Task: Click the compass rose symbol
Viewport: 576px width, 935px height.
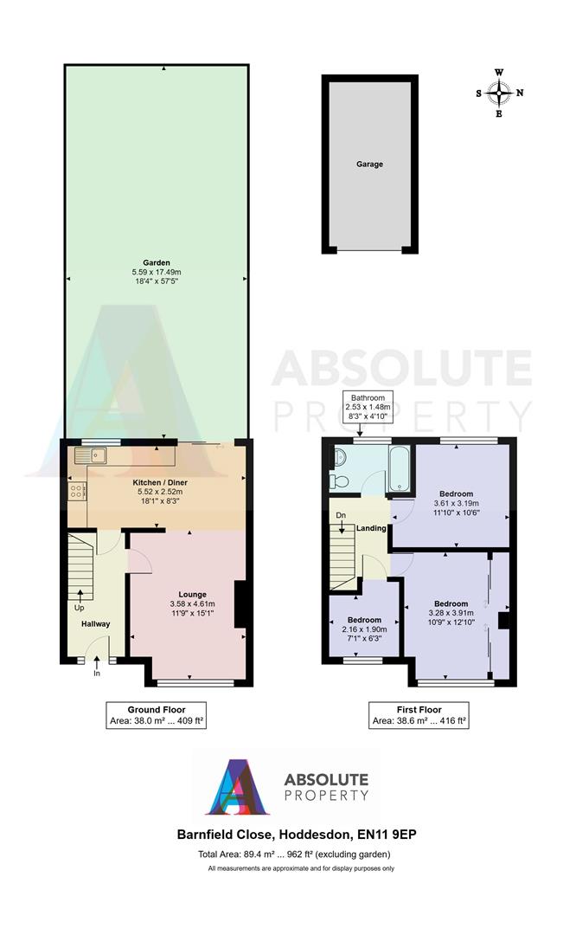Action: (x=499, y=92)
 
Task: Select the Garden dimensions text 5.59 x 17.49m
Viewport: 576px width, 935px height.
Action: (x=157, y=273)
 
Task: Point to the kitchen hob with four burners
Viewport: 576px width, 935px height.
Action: (x=75, y=490)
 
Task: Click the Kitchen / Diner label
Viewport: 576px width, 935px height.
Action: (x=157, y=481)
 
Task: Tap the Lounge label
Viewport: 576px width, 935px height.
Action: (x=192, y=594)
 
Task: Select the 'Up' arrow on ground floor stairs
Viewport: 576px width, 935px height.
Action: (x=80, y=596)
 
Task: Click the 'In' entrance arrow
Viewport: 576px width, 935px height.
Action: (x=97, y=671)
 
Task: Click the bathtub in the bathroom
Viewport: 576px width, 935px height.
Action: (x=401, y=471)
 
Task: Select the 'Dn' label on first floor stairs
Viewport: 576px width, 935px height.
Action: (x=341, y=515)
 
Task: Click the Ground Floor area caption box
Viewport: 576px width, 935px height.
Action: (x=157, y=714)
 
